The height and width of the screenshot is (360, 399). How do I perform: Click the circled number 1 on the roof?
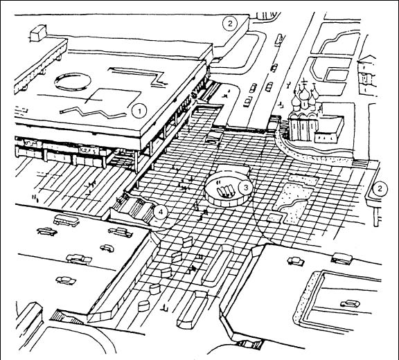point(139,111)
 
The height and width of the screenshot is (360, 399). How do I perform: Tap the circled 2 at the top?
point(230,24)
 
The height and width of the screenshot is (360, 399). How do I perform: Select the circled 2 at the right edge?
point(380,188)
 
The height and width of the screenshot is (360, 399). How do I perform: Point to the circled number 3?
point(246,188)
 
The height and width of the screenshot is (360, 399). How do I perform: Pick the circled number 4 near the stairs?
point(161,212)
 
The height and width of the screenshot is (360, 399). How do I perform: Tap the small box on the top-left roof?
point(38,33)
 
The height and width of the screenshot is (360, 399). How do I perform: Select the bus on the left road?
point(66,220)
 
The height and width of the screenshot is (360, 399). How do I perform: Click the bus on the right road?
point(342,258)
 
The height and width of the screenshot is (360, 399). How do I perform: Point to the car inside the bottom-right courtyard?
point(351,303)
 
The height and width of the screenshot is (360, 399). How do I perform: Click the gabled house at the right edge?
point(367,73)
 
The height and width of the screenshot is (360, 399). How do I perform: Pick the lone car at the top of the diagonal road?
point(279,39)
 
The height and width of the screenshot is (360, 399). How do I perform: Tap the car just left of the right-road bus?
point(295,261)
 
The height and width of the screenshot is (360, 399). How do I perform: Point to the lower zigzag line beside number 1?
point(93,112)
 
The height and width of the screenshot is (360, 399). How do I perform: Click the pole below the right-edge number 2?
point(377,217)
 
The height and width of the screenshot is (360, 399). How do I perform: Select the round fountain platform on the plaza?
point(229,188)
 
